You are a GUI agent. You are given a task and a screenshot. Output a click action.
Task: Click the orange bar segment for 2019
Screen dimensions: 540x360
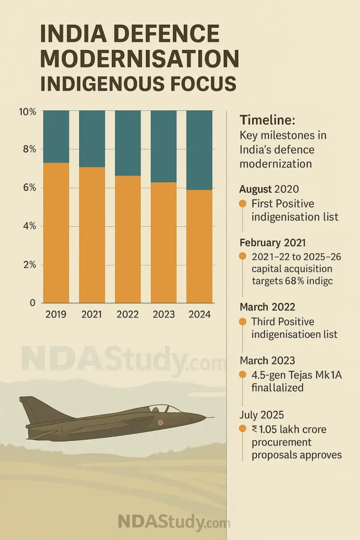coord(56,233)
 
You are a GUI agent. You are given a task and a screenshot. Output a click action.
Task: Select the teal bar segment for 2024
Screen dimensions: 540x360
coord(199,150)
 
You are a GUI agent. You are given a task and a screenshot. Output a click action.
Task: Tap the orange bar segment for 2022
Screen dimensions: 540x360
coord(128,239)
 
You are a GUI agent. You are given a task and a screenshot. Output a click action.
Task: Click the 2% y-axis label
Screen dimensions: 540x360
coord(27,265)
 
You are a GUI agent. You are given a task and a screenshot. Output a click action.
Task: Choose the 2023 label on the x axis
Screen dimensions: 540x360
coord(163,315)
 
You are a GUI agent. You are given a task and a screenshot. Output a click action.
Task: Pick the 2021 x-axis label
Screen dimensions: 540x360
coord(91,315)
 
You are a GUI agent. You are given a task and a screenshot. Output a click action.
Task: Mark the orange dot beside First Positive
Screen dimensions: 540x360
coord(243,204)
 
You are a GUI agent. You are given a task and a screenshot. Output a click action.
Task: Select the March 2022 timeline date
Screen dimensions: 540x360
coord(267,307)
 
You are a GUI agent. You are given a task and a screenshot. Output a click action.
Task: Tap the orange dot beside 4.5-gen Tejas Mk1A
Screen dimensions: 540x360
coord(243,374)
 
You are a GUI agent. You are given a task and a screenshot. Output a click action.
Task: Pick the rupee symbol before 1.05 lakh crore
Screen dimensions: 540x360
coord(255,429)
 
